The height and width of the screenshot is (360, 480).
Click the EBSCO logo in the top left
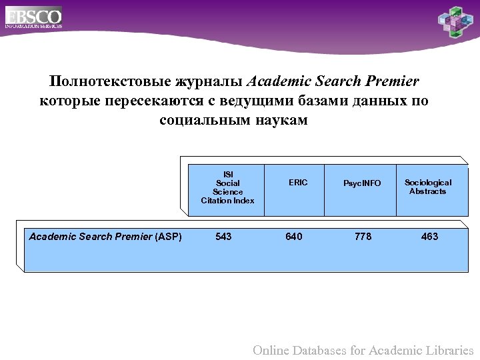pyautogui.click(x=33, y=17)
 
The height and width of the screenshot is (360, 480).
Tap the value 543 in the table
pyautogui.click(x=224, y=237)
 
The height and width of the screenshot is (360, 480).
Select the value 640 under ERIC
pyautogui.click(x=294, y=237)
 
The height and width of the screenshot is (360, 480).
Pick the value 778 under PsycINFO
pyautogui.click(x=363, y=237)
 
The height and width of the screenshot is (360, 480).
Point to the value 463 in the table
pyautogui.click(x=430, y=237)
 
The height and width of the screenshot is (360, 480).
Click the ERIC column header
pyautogui.click(x=298, y=183)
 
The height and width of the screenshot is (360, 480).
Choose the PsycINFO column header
pyautogui.click(x=362, y=183)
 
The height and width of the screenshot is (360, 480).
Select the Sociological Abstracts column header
pyautogui.click(x=428, y=187)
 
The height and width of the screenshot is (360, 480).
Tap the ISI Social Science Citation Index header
pyautogui.click(x=227, y=187)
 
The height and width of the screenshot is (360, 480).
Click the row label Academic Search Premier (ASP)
pyautogui.click(x=105, y=237)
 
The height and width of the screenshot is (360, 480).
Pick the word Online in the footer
pyautogui.click(x=272, y=350)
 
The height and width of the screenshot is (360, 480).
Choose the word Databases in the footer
pyautogui.click(x=323, y=350)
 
